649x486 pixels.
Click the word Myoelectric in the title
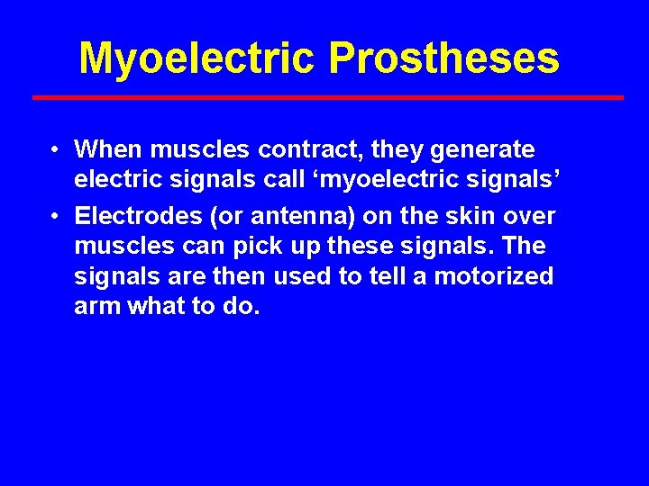(197, 58)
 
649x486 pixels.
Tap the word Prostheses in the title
(444, 58)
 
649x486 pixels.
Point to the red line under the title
(327, 97)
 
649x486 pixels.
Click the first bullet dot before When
(56, 149)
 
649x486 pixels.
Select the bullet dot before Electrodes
(56, 217)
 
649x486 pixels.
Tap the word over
(532, 216)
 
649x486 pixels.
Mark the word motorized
(494, 276)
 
